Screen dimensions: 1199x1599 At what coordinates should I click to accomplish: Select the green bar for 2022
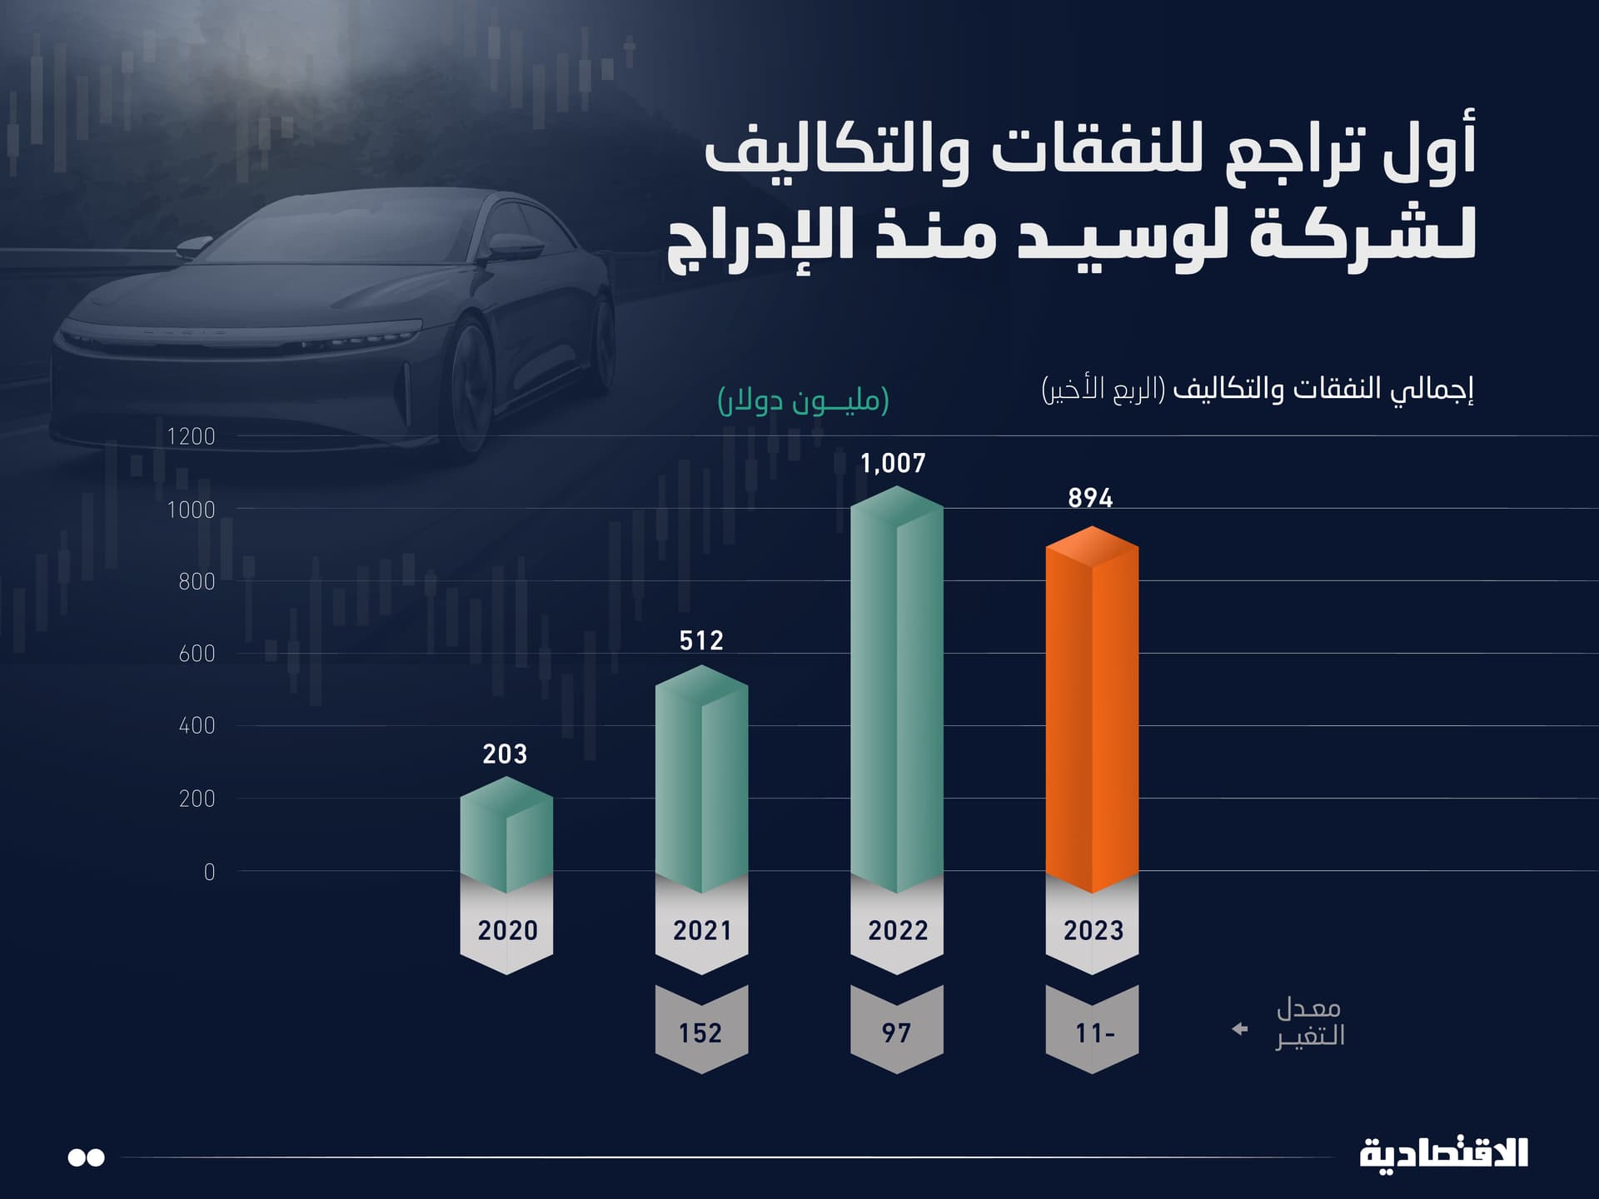tap(897, 691)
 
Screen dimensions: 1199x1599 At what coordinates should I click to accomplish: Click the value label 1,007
tap(893, 463)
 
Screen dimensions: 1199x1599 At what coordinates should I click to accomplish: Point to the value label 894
tap(1090, 498)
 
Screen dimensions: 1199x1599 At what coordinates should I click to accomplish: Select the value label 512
tap(701, 640)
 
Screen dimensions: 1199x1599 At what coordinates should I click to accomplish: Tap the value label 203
tap(505, 754)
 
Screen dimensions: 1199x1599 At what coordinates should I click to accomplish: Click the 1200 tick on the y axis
tap(191, 436)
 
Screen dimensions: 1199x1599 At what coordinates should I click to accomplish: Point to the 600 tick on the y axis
tap(197, 654)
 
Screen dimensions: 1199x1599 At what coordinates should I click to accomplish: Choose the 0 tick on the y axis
tap(209, 872)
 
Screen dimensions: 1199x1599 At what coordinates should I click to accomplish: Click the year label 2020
tap(507, 930)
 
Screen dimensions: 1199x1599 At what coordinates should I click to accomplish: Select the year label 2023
tap(1093, 930)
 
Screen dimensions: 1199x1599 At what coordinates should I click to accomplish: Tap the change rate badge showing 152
tap(700, 1032)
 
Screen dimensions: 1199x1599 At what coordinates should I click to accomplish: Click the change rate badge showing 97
tap(896, 1032)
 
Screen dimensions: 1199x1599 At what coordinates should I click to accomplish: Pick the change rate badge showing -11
tap(1093, 1032)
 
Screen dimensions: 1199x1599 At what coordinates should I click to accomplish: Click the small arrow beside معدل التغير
tap(1240, 1029)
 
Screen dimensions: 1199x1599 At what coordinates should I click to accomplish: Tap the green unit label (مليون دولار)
tap(803, 400)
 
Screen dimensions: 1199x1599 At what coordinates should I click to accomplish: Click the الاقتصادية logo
tap(1443, 1154)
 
